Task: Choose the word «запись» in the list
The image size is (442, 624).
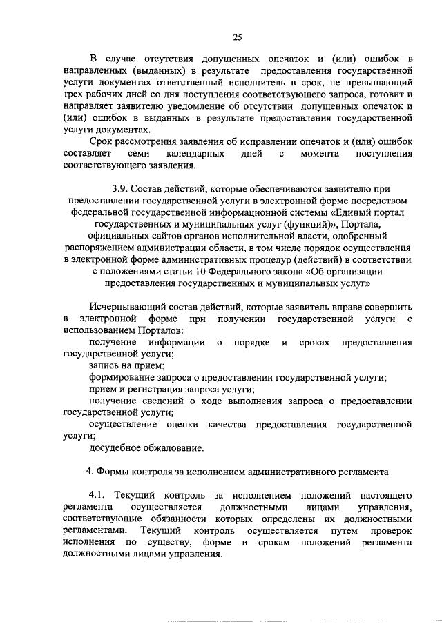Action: coord(104,365)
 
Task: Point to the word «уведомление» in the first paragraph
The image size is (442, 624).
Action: coord(200,107)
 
